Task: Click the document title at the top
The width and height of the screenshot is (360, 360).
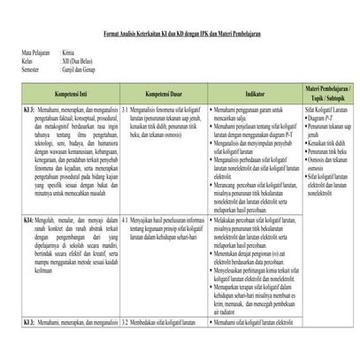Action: tap(180, 32)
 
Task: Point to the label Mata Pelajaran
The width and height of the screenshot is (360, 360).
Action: tap(26, 53)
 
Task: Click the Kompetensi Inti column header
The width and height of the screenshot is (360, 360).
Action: tap(62, 92)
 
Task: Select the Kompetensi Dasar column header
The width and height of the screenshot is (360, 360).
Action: tap(163, 92)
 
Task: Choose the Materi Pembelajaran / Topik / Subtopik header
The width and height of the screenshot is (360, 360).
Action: tap(328, 92)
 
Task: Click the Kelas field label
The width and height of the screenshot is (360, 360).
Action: tap(17, 61)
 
